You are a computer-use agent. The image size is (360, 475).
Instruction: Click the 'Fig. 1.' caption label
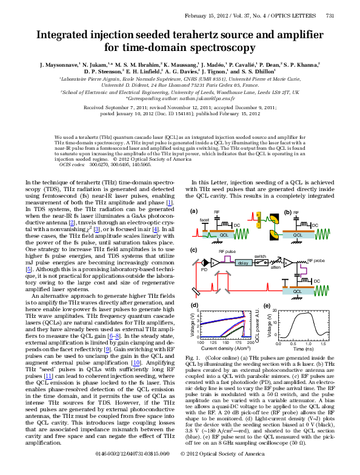(199, 359)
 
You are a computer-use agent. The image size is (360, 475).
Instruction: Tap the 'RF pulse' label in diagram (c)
(228, 251)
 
